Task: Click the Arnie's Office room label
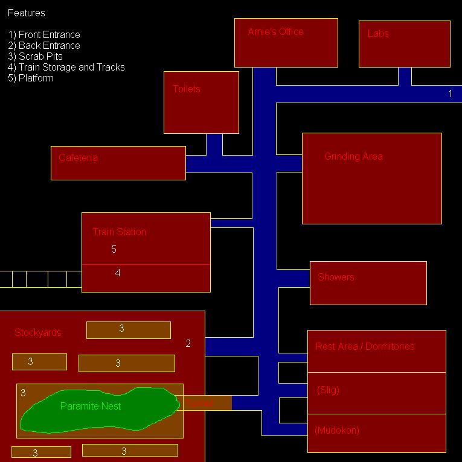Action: tap(275, 32)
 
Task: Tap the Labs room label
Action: tap(378, 34)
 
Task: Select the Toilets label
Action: tap(187, 89)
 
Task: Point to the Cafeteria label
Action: tap(78, 158)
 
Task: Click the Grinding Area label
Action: tap(353, 157)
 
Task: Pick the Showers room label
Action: tap(336, 277)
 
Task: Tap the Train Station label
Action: tap(119, 232)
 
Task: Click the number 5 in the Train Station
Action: tap(114, 249)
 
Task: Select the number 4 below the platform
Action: tap(118, 273)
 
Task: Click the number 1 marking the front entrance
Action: tap(450, 94)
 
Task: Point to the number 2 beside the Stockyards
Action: tap(188, 344)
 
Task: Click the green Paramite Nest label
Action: tap(91, 407)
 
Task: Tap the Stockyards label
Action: tap(38, 333)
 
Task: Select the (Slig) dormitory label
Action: tap(328, 390)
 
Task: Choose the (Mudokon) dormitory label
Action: tap(337, 431)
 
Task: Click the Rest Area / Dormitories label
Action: tap(365, 347)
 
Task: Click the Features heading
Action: tap(27, 13)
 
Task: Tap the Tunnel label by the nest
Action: tap(200, 403)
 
